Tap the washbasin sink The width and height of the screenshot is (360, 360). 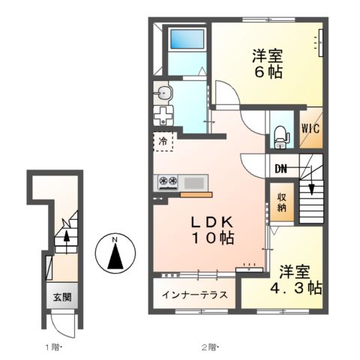coord(165,94)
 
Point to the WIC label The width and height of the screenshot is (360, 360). coord(311,127)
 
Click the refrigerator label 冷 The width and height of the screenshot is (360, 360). coord(162,140)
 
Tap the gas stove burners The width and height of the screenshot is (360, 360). coord(166,181)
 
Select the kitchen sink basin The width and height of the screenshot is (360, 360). coord(194,181)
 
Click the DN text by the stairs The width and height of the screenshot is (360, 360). coord(281,168)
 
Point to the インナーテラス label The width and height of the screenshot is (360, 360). coord(195,294)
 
